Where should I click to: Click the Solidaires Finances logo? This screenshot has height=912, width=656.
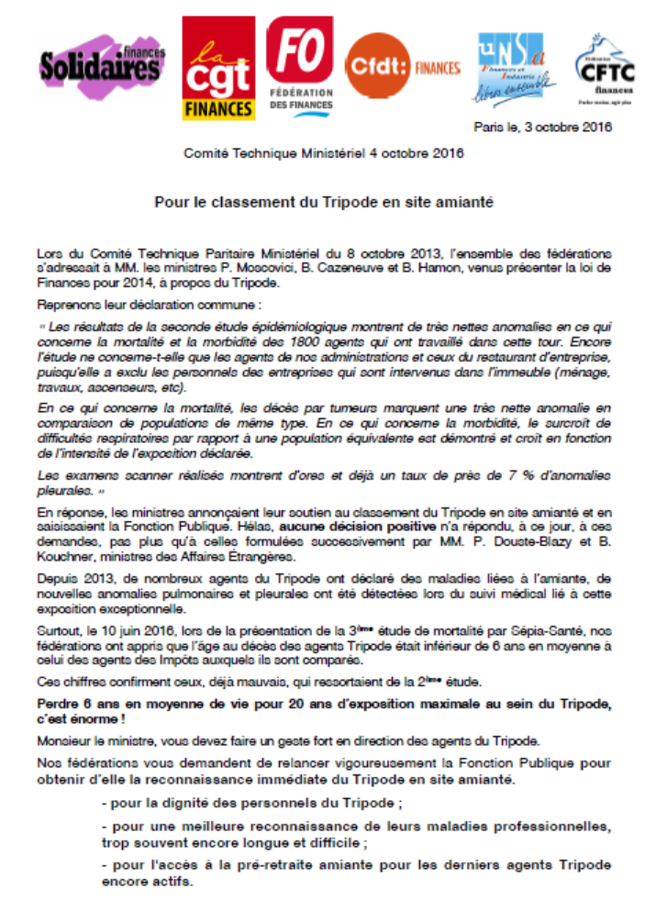pos(102,66)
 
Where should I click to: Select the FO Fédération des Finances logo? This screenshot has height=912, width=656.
pos(299,65)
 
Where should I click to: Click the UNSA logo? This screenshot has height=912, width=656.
pos(516,68)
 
